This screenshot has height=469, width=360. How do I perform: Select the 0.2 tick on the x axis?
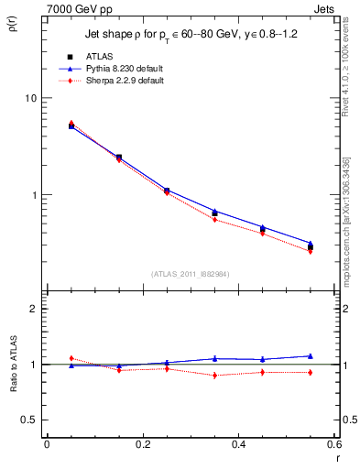coord(143,444)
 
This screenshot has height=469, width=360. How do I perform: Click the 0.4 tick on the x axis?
coord(239,444)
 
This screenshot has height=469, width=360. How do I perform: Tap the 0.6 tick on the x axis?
coord(334,444)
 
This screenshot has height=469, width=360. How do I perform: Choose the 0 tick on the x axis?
coord(47,444)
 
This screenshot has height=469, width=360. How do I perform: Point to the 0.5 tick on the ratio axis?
coord(30,420)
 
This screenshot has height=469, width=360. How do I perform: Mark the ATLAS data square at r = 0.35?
coord(214,213)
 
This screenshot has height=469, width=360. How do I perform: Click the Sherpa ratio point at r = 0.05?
coord(71,358)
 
